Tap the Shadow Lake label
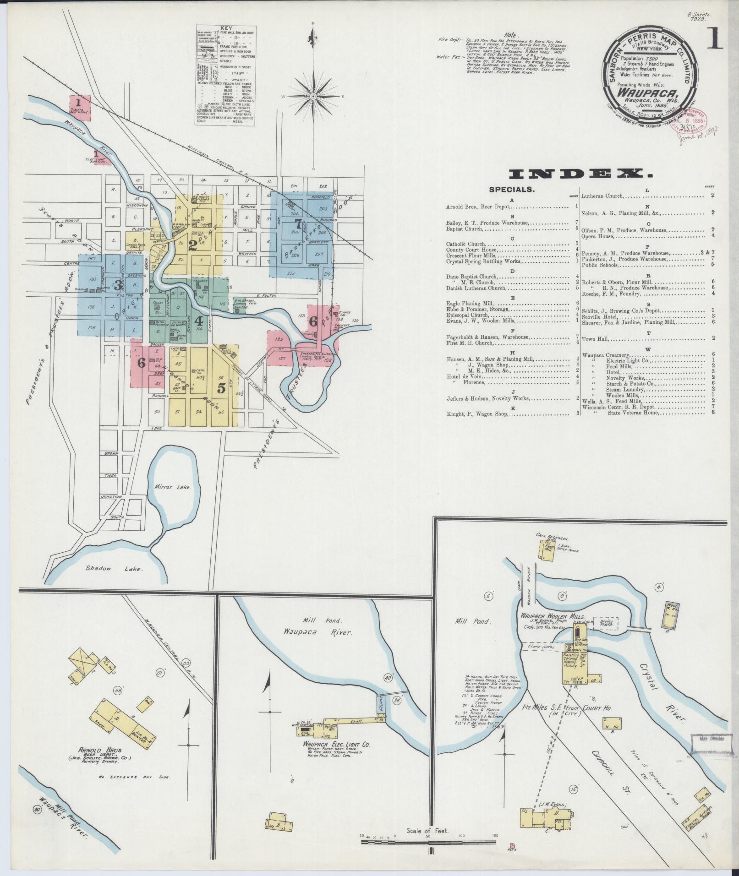pos(115,569)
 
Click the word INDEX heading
pos(580,174)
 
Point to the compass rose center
pos(313,97)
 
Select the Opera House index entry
pos(597,236)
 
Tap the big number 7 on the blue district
pos(298,225)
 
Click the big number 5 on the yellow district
pos(221,388)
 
